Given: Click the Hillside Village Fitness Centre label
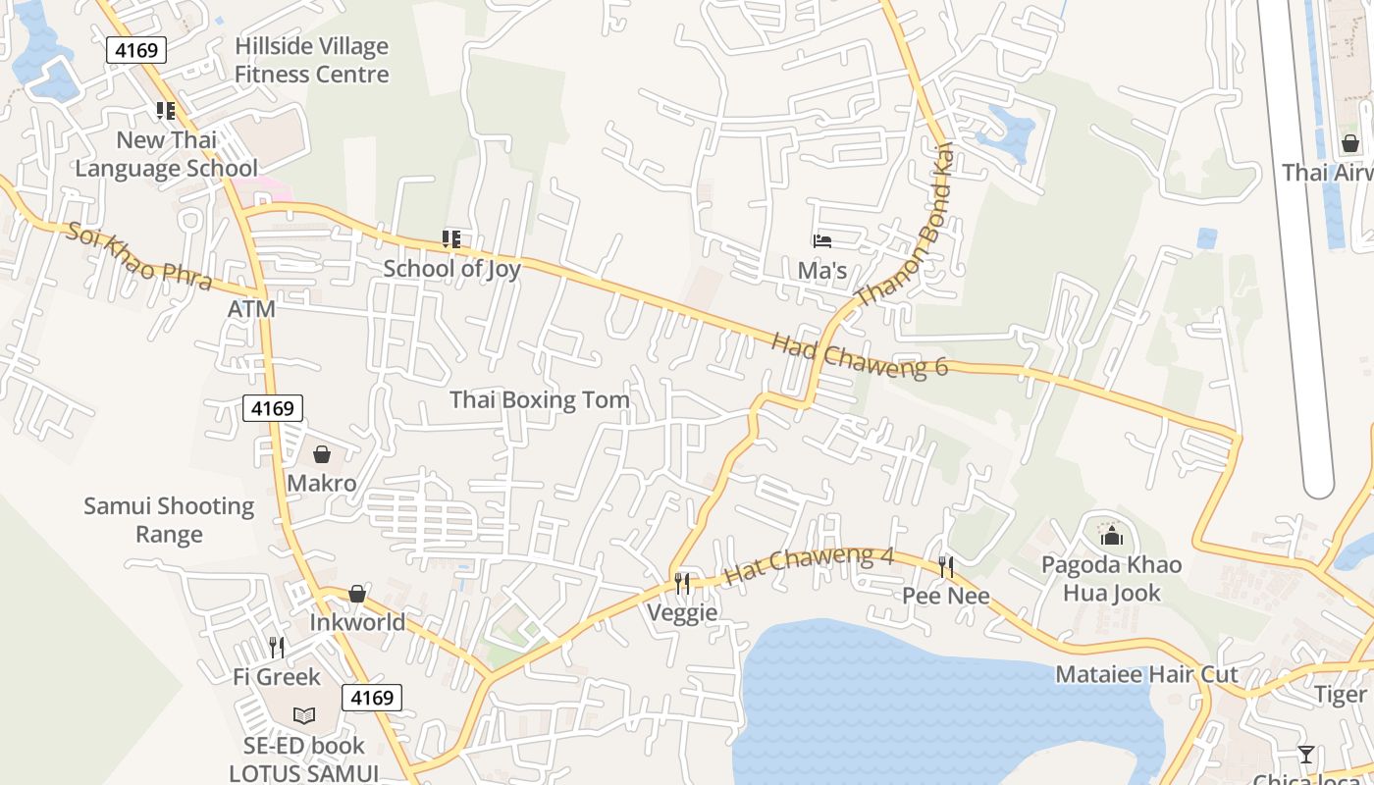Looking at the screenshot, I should click(x=311, y=60).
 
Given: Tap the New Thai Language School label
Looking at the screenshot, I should click(x=167, y=154).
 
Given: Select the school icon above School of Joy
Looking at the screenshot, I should click(x=451, y=239).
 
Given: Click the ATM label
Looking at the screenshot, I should click(x=251, y=309).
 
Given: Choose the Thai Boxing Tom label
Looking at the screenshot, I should click(x=539, y=399).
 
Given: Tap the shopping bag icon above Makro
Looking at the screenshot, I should click(x=321, y=454).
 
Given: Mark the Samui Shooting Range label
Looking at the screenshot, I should click(x=169, y=520).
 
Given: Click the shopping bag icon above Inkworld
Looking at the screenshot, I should click(x=357, y=594).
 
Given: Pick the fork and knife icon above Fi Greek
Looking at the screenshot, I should click(x=277, y=648).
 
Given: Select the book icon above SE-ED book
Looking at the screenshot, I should click(x=304, y=716).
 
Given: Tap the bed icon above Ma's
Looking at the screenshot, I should click(x=822, y=241).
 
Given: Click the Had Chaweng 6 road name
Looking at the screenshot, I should click(x=860, y=355).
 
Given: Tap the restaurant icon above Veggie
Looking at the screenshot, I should click(x=682, y=584).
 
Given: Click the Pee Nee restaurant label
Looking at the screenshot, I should click(x=945, y=596).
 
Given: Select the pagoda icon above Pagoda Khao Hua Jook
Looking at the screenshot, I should click(x=1111, y=535).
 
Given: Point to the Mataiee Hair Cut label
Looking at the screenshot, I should click(x=1146, y=674).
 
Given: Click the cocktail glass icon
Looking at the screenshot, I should click(x=1305, y=754).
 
